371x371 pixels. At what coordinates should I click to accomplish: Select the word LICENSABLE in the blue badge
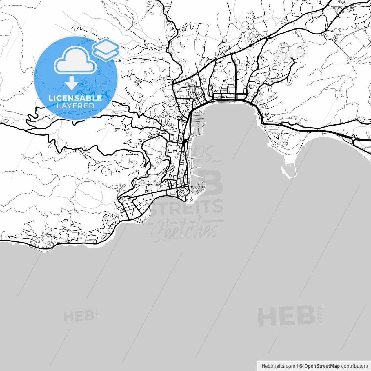click(x=75, y=98)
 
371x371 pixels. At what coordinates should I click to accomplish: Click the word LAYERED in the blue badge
click(x=75, y=106)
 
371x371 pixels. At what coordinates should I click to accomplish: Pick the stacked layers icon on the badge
click(x=106, y=48)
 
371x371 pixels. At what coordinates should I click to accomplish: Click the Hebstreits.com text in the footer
click(x=278, y=366)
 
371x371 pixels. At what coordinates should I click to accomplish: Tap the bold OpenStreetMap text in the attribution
click(x=322, y=366)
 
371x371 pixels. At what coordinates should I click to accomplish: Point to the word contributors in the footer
click(x=354, y=366)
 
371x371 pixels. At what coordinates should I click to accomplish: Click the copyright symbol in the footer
click(x=301, y=366)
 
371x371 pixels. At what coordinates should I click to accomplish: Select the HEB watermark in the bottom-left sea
click(x=79, y=316)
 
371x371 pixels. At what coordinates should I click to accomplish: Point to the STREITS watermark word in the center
click(x=187, y=208)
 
